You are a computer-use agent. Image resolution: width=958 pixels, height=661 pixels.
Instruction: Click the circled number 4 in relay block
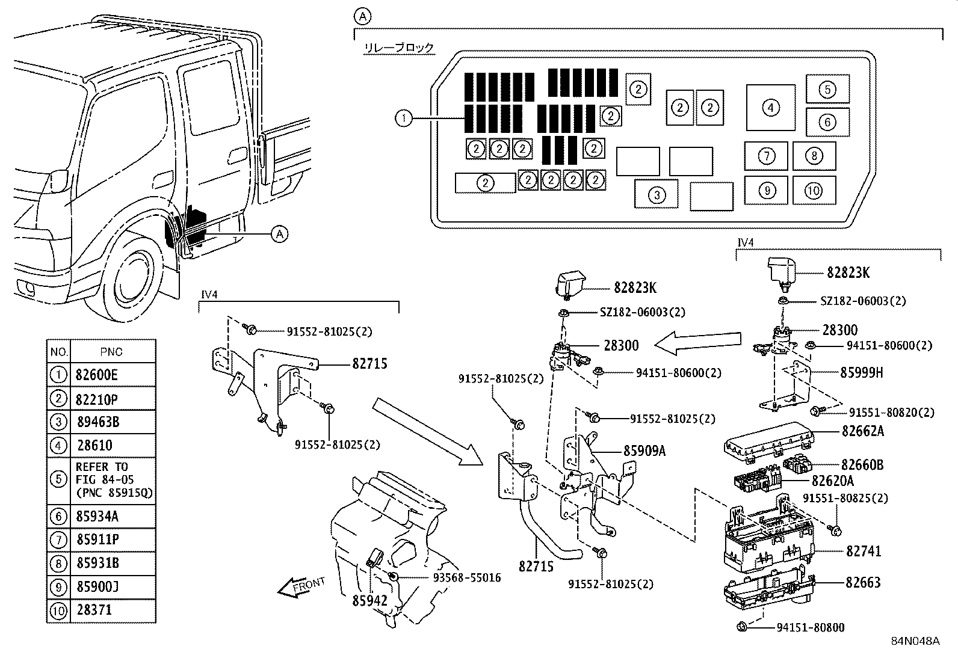[770, 108]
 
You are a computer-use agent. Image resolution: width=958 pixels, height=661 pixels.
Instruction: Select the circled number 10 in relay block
[813, 191]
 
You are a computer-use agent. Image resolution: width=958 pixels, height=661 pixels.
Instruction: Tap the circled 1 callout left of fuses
[403, 118]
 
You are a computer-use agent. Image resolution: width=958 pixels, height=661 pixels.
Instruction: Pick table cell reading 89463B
[98, 422]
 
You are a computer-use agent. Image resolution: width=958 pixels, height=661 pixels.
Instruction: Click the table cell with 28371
[95, 610]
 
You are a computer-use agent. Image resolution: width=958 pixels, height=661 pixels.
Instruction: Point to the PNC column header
[112, 351]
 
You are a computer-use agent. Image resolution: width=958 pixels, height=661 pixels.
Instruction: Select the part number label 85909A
[644, 450]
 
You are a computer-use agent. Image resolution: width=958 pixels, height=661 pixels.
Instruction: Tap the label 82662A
[862, 431]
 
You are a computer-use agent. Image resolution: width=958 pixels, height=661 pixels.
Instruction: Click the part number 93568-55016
[466, 577]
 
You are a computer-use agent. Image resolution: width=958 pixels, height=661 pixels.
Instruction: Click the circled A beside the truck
[279, 233]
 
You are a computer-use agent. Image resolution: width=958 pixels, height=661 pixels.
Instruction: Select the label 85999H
[861, 372]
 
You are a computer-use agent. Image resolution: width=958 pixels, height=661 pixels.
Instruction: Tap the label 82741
[863, 551]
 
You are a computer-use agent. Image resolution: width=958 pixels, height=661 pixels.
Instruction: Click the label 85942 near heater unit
[370, 600]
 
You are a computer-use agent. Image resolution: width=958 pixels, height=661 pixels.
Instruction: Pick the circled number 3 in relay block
[657, 195]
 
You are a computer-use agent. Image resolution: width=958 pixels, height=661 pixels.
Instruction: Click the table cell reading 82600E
[97, 375]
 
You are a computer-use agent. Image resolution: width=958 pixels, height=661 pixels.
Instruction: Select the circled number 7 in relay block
[766, 156]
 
